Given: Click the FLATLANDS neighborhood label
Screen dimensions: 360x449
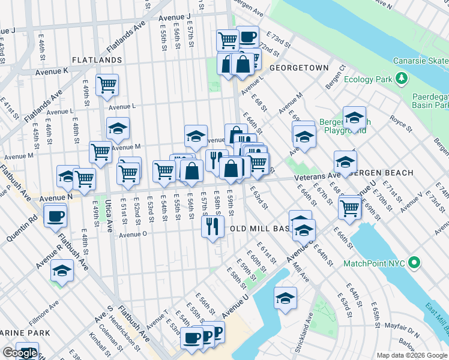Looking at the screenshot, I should [97, 60].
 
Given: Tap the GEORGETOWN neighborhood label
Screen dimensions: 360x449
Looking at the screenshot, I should [299, 68].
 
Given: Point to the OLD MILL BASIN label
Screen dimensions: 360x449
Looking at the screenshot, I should [259, 229].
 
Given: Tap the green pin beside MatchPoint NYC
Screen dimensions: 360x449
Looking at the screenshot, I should [414, 263].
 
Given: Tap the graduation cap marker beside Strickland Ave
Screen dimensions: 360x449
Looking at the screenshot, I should [285, 298].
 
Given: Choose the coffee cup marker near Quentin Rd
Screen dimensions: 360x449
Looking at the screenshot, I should [55, 214].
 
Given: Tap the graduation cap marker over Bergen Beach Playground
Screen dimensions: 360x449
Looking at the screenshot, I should [354, 117].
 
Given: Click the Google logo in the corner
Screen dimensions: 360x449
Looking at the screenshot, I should [19, 353].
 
